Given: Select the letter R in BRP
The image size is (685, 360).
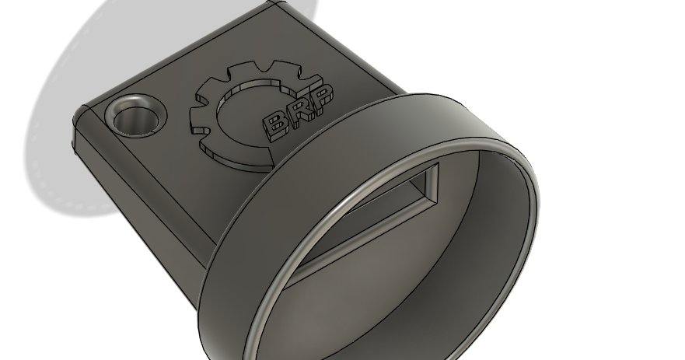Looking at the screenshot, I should pyautogui.click(x=300, y=110).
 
